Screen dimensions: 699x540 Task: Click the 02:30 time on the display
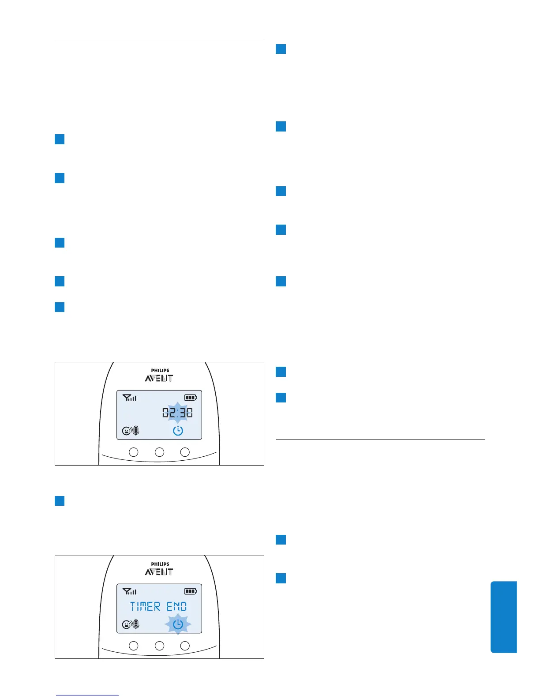(177, 413)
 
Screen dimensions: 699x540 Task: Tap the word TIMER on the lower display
(145, 607)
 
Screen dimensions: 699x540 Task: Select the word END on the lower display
(176, 607)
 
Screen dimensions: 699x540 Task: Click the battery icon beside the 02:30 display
(191, 398)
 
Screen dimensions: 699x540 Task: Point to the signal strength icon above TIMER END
(129, 591)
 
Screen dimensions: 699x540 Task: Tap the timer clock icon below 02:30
(178, 431)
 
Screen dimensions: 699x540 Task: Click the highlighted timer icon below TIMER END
(178, 624)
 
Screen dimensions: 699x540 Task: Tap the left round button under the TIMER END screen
(133, 646)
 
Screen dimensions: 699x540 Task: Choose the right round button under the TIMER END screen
(185, 646)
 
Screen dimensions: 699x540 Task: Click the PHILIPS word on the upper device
(160, 371)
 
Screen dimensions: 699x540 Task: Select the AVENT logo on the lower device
(159, 572)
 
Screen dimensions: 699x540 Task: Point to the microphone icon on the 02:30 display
(136, 431)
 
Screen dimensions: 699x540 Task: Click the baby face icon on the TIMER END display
(127, 624)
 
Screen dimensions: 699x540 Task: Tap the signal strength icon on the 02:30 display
(129, 398)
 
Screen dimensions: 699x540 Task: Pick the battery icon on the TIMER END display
(191, 591)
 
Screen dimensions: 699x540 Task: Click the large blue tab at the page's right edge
(503, 616)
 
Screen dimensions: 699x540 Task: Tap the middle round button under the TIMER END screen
(159, 646)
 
